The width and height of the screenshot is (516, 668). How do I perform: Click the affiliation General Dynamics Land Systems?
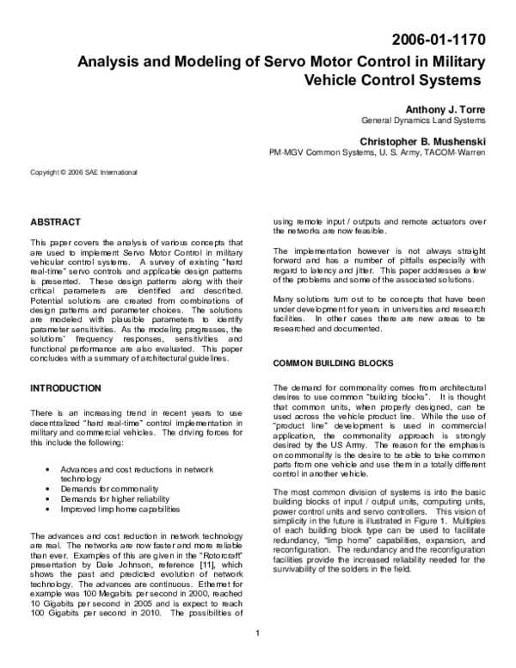click(x=422, y=121)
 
